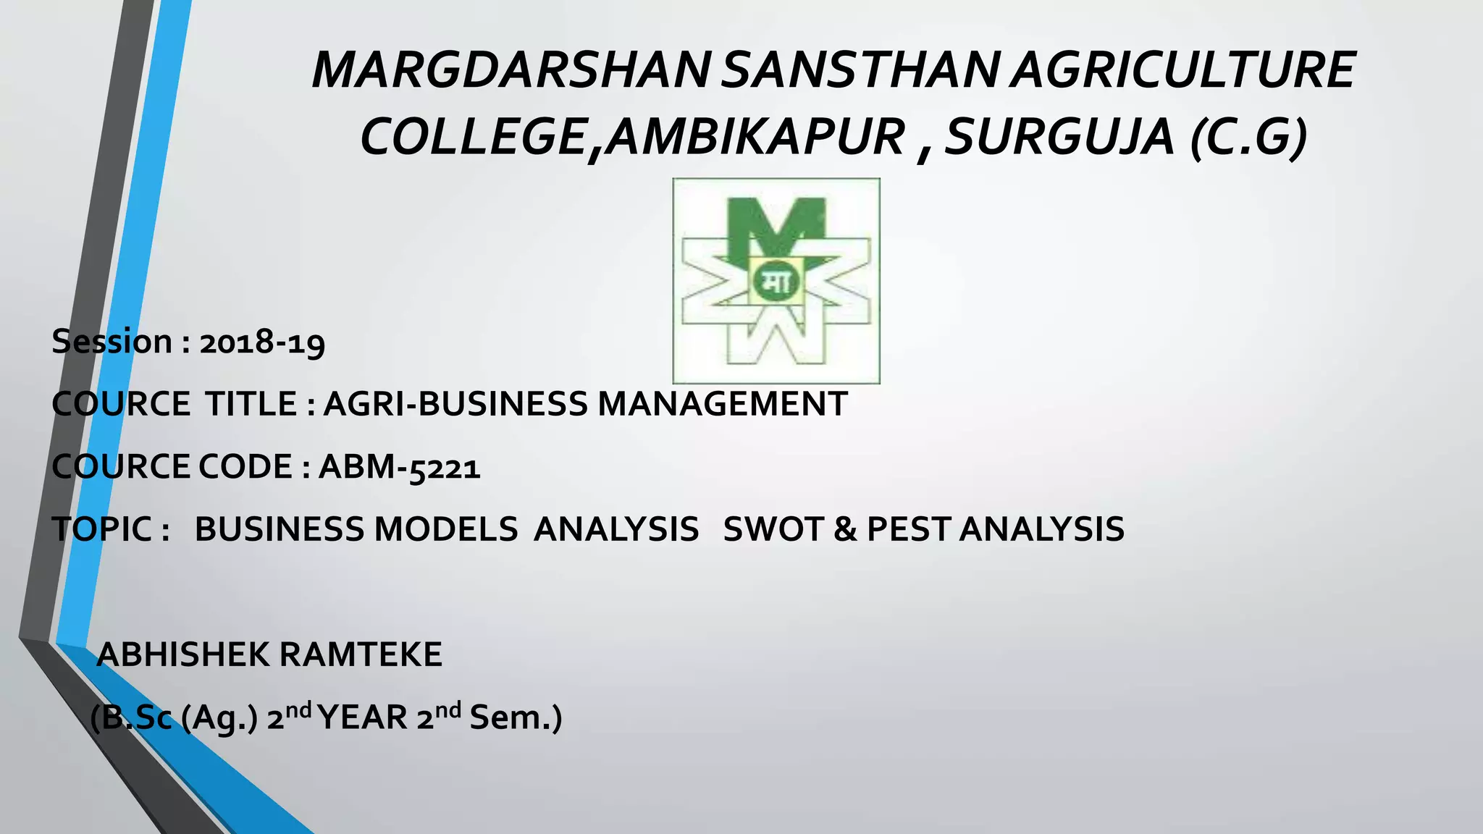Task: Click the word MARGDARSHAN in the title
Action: point(511,70)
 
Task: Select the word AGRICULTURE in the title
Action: point(1182,70)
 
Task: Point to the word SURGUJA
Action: point(1059,137)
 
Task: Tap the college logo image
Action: point(776,280)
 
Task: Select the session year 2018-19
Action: point(262,342)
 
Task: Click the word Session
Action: point(112,342)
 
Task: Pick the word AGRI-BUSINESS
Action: point(455,404)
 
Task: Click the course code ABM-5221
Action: point(399,467)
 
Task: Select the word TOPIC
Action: point(102,529)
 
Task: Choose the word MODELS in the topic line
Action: point(445,529)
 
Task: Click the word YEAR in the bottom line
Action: point(363,718)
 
